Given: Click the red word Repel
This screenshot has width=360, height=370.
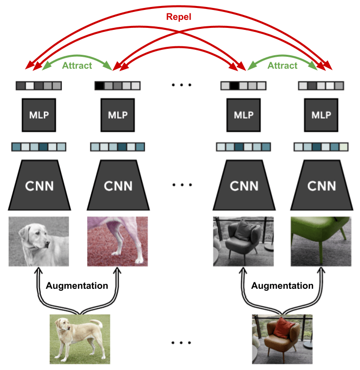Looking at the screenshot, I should pyautogui.click(x=179, y=17).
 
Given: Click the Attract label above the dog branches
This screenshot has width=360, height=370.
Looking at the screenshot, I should pyautogui.click(x=77, y=65).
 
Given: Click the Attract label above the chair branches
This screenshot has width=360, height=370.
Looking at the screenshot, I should pyautogui.click(x=282, y=65).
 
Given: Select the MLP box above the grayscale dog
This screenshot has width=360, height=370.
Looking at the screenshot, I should pyautogui.click(x=38, y=115).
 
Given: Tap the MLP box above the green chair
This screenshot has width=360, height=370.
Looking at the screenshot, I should pyautogui.click(x=321, y=115).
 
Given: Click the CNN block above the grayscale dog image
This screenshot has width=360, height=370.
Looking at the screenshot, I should pyautogui.click(x=38, y=185).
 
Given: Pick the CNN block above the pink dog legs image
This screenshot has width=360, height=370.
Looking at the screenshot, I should pyautogui.click(x=118, y=185).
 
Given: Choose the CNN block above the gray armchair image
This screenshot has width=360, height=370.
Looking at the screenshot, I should pyautogui.click(x=244, y=185).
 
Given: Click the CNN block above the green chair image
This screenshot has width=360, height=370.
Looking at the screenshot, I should pyautogui.click(x=321, y=185).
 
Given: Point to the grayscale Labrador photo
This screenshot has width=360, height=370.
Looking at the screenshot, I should pyautogui.click(x=38, y=241).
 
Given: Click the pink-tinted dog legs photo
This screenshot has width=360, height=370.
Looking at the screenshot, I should pyautogui.click(x=118, y=241).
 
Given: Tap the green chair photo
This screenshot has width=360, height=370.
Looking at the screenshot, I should pyautogui.click(x=321, y=241).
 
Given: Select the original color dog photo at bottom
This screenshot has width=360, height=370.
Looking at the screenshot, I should pyautogui.click(x=80, y=339).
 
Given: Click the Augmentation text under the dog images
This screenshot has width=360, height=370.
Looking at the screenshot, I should pyautogui.click(x=77, y=286).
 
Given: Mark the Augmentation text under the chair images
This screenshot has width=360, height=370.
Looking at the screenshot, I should pyautogui.click(x=282, y=286).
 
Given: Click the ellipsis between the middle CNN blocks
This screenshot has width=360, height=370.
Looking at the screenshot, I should pyautogui.click(x=181, y=185).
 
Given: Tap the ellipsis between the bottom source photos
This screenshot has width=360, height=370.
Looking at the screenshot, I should pyautogui.click(x=181, y=343).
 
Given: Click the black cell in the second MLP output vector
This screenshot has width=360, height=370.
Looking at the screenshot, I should pyautogui.click(x=99, y=86).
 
